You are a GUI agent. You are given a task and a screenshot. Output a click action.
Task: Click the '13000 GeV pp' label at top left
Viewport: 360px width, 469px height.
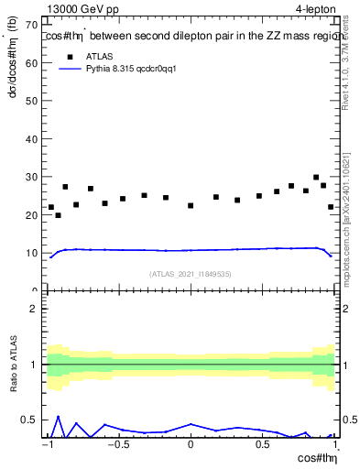[x=81, y=9]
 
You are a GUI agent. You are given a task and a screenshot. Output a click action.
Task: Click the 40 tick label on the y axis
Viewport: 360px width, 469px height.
[x=34, y=137]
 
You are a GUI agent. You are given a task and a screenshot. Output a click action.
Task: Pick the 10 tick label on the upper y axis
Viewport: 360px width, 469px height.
[x=34, y=253]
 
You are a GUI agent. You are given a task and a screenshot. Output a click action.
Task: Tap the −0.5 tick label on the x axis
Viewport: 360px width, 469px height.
[x=117, y=446]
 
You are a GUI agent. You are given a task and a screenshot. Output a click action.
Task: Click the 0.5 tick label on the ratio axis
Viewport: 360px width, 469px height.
[x=32, y=420]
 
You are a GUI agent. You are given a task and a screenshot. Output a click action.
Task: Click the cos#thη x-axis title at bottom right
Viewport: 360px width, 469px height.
[x=320, y=459]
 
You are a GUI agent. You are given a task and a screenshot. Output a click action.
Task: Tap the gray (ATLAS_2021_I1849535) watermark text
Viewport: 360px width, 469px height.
[x=191, y=273]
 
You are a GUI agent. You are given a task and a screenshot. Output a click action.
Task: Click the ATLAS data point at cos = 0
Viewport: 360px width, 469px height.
[x=191, y=205]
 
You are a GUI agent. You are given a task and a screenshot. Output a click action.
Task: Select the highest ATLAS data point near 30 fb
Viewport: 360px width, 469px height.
[x=316, y=178]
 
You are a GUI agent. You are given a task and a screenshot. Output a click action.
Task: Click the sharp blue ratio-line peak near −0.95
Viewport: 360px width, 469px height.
[x=59, y=416]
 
